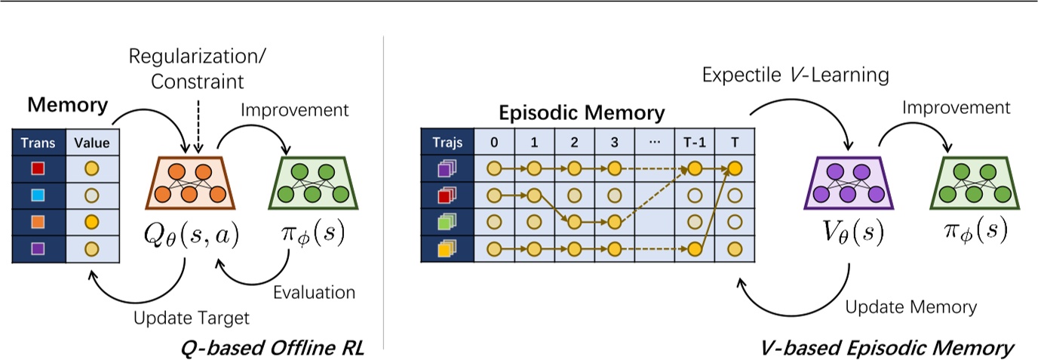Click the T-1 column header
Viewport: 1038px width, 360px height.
[694, 142]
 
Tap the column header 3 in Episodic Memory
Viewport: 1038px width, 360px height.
[613, 142]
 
